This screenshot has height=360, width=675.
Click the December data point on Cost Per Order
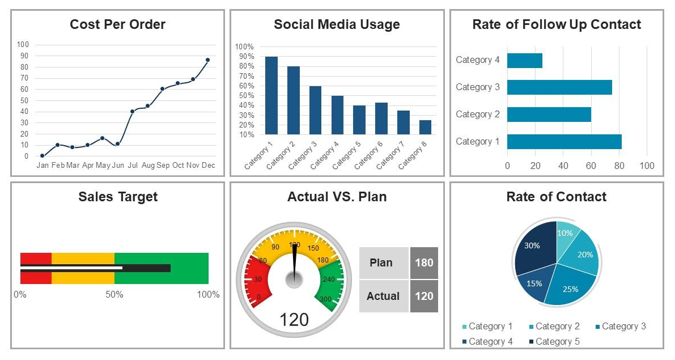click(207, 60)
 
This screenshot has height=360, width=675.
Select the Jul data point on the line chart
click(132, 111)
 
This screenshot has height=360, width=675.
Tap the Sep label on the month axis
click(163, 166)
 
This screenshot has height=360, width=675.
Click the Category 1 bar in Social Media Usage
click(271, 95)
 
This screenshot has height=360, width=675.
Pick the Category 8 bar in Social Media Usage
click(425, 127)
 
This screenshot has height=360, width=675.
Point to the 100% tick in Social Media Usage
click(244, 46)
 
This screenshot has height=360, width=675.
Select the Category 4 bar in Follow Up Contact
click(524, 61)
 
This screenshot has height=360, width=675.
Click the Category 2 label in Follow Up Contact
click(478, 115)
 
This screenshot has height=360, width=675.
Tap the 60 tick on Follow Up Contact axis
click(591, 166)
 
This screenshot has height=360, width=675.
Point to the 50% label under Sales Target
click(114, 295)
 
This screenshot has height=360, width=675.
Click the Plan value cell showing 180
click(424, 263)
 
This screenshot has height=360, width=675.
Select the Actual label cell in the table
click(383, 296)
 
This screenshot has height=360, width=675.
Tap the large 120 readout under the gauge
click(294, 320)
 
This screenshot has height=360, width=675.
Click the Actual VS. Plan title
click(337, 197)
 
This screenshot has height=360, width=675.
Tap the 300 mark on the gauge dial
click(325, 299)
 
